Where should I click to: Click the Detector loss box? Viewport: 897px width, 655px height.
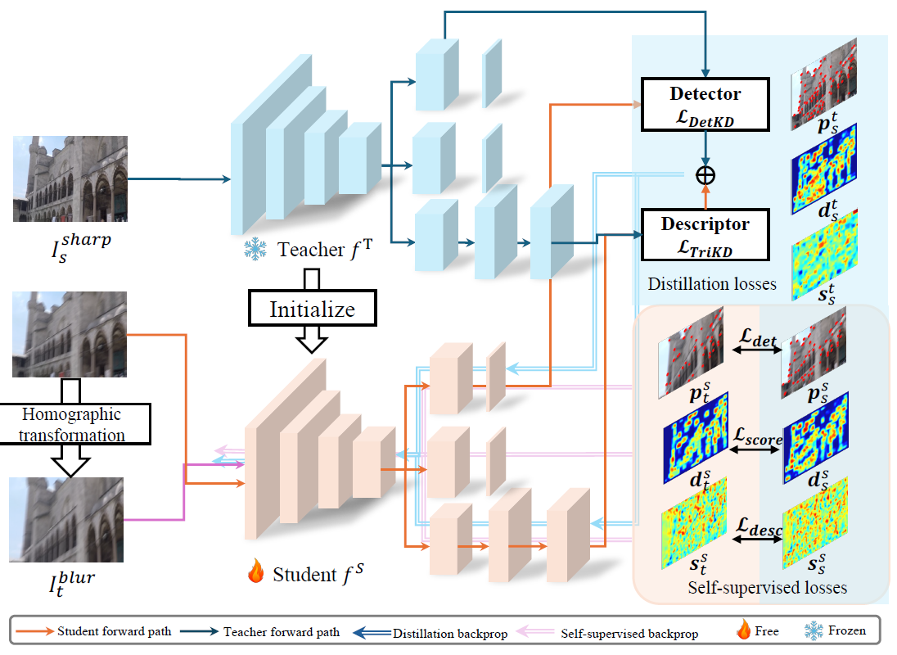[705, 105]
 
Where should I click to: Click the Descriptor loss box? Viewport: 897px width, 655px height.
[705, 234]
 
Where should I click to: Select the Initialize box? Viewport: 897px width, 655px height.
[313, 309]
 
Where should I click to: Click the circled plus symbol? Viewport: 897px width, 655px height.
[705, 175]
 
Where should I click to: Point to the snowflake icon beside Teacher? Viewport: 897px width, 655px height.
[255, 250]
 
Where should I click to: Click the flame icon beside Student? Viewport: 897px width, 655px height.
[255, 571]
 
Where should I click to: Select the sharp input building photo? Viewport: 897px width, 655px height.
[70, 178]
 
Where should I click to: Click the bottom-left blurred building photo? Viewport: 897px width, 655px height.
[66, 519]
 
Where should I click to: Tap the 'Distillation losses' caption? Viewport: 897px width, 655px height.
[712, 284]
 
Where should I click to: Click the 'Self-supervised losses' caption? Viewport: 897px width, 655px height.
[767, 588]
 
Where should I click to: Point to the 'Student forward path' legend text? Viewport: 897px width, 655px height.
[115, 631]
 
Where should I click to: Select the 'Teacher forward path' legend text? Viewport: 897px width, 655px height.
[282, 631]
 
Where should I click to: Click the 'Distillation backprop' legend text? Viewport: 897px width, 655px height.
[450, 633]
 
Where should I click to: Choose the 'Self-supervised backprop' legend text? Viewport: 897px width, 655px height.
[629, 633]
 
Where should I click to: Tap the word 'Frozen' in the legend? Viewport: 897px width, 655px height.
[846, 630]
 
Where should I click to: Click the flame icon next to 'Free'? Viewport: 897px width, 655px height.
[744, 630]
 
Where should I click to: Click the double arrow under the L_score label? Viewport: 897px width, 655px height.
[755, 449]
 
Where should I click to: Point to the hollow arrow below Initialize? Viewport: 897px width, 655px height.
[312, 339]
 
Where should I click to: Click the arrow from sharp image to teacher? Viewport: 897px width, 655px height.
[179, 179]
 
